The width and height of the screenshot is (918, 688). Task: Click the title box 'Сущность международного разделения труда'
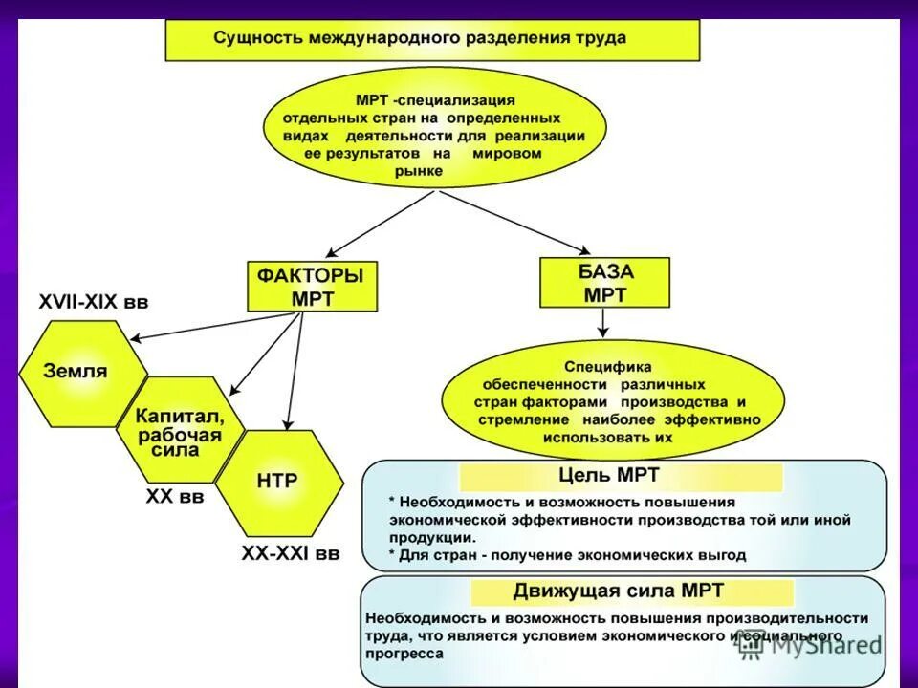(x=432, y=40)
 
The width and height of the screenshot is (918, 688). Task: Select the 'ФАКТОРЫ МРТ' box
(x=312, y=287)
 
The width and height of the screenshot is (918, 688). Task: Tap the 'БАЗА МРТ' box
(x=604, y=283)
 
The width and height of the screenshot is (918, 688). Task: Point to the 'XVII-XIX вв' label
(x=94, y=302)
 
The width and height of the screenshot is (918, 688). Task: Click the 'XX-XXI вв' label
(x=290, y=552)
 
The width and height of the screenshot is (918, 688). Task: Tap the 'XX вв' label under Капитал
(x=174, y=497)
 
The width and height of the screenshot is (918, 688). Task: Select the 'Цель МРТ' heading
(x=621, y=476)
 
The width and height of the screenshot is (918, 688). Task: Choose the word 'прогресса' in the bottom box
(x=404, y=654)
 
